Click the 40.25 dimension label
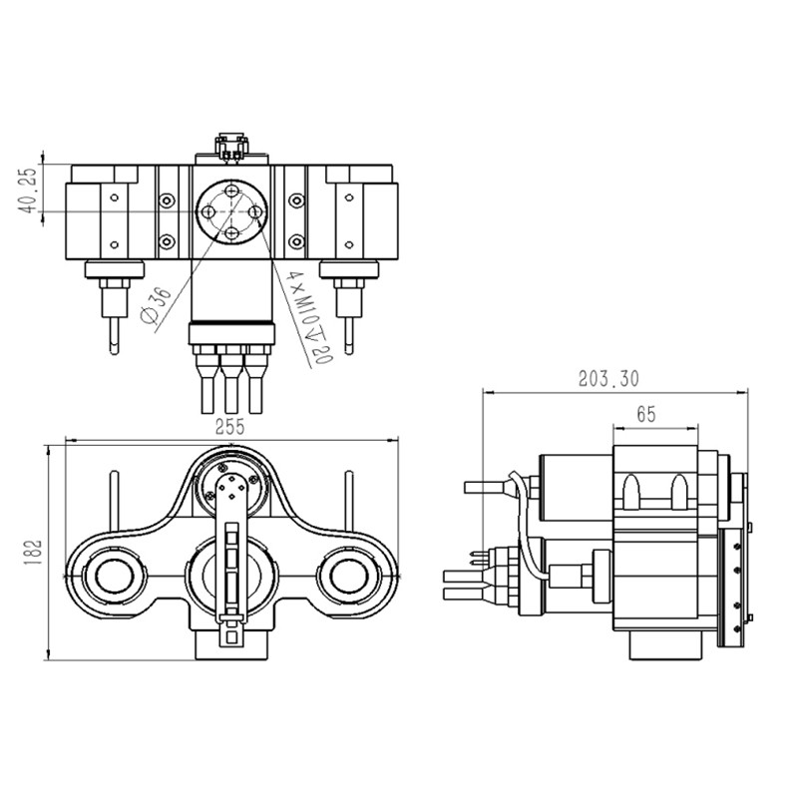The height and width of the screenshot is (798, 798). [x=29, y=190]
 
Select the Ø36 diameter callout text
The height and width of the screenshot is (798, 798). [x=156, y=305]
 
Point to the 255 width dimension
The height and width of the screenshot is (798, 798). [x=229, y=427]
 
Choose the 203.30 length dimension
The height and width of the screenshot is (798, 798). [x=608, y=379]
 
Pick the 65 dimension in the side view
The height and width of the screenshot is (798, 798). [x=645, y=415]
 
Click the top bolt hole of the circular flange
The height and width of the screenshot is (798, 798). [x=232, y=191]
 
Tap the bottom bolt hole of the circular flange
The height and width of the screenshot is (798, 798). [x=232, y=233]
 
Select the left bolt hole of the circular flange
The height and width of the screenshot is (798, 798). [x=207, y=211]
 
